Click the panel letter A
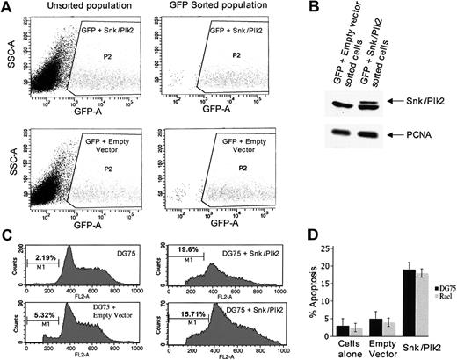click(8, 8)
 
